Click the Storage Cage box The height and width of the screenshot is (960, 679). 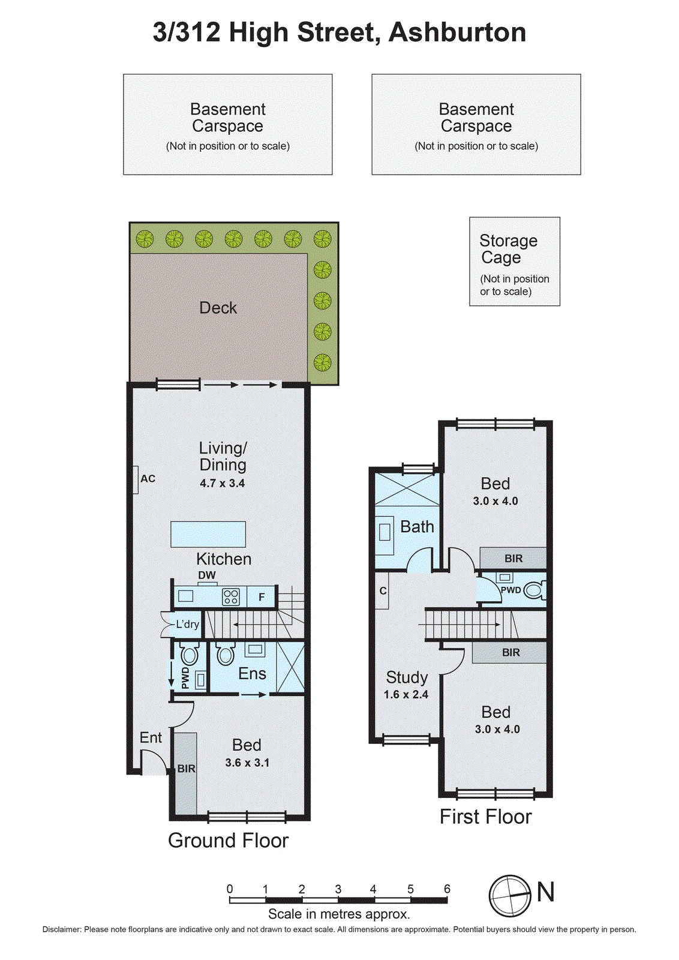click(514, 262)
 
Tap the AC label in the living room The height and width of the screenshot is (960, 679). click(148, 479)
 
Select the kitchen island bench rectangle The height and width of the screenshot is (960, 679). click(208, 534)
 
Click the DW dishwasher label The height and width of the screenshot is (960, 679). click(207, 575)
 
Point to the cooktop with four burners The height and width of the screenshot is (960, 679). click(231, 596)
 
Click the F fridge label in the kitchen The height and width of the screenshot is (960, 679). click(262, 597)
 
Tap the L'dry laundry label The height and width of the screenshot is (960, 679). click(187, 624)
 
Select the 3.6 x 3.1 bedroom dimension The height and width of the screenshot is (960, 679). click(247, 763)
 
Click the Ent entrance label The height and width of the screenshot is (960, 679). click(151, 737)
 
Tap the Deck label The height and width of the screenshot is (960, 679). click(218, 308)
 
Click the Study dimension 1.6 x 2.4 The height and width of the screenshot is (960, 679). click(406, 694)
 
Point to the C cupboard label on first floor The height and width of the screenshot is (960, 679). click(383, 591)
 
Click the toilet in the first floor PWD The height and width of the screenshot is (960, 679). click(534, 590)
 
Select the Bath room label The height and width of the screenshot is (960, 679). click(417, 527)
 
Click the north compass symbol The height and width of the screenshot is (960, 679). click(510, 896)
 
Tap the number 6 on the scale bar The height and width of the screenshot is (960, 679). click(447, 889)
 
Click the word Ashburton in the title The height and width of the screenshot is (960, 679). click(457, 32)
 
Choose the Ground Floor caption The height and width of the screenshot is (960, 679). click(228, 840)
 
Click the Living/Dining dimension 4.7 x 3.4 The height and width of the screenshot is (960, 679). click(222, 483)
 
